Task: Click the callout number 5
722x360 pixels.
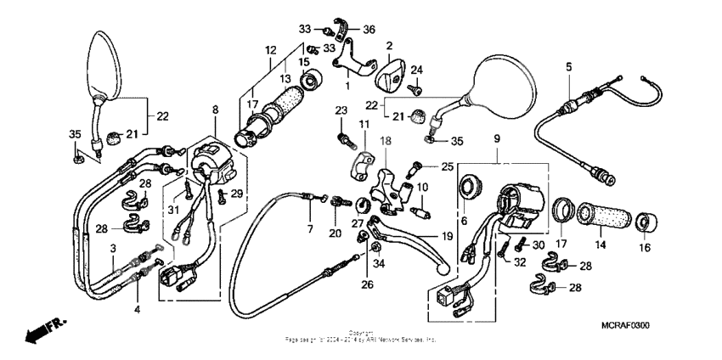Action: click(568, 65)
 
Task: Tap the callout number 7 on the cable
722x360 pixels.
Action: click(310, 229)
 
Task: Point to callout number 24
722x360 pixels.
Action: click(416, 70)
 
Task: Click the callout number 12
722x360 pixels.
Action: click(271, 50)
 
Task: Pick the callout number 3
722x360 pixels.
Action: click(112, 247)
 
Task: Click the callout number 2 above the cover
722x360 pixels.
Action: click(388, 45)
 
